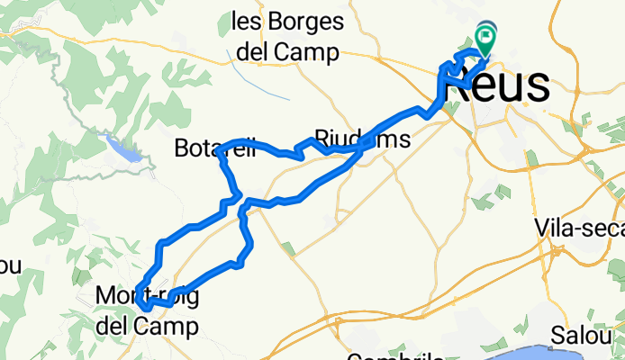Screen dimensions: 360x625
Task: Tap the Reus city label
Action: pos(499,87)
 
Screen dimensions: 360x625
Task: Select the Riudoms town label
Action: pos(362,141)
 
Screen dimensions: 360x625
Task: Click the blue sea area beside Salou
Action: pos(576,355)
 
